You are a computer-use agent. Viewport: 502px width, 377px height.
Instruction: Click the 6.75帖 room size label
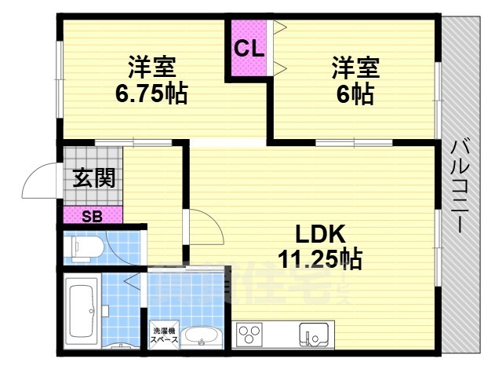click(151, 93)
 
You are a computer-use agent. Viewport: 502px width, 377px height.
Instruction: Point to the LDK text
click(319, 234)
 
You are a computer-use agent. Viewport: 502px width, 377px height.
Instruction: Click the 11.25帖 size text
click(319, 258)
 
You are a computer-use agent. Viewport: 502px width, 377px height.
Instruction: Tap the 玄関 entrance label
click(94, 178)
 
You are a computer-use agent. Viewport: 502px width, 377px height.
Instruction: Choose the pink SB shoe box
click(93, 216)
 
